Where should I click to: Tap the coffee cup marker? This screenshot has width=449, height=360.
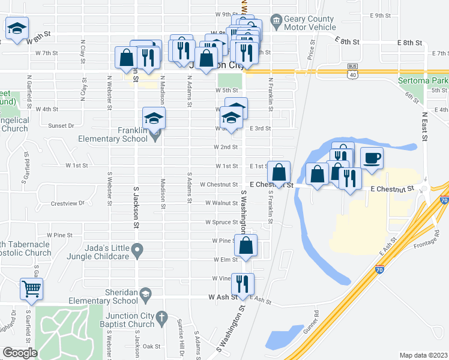(372, 158)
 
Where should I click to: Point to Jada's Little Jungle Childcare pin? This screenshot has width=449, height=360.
(137, 249)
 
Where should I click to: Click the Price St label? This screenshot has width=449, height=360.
(311, 55)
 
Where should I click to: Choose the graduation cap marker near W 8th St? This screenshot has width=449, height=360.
(17, 28)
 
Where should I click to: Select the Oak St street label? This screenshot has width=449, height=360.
(151, 346)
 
